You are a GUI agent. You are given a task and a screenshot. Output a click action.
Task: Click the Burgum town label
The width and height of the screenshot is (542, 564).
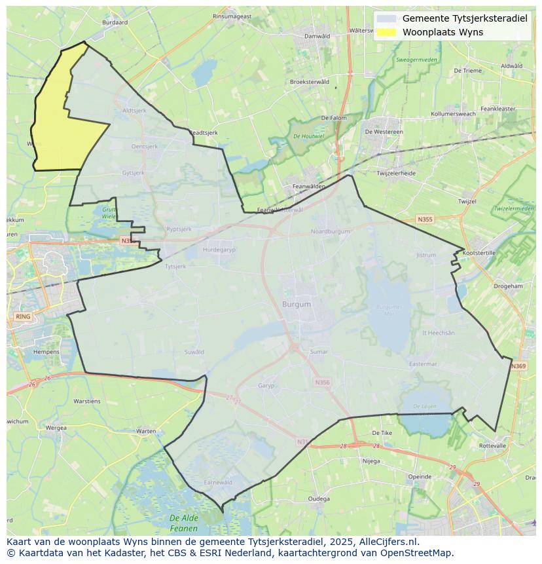tap(297, 305)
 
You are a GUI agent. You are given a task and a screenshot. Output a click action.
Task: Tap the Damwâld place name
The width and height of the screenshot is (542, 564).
tap(317, 36)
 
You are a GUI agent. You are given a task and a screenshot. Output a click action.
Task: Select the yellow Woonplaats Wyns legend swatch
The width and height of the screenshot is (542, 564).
tap(387, 32)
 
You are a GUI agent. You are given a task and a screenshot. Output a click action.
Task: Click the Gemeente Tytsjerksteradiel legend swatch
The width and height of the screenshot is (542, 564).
tap(387, 19)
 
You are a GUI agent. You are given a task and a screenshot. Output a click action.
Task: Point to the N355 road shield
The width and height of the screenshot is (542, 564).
tap(425, 219)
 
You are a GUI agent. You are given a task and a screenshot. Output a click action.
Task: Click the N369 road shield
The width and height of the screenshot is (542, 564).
tap(518, 366)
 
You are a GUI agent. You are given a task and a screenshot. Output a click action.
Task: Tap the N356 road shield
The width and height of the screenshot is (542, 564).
tap(322, 383)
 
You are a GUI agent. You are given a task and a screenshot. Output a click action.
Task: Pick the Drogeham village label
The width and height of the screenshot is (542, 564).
tap(508, 286)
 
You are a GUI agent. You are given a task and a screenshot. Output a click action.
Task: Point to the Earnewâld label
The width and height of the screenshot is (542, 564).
tap(218, 482)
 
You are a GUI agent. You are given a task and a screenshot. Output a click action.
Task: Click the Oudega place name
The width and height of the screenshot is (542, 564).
tap(319, 498)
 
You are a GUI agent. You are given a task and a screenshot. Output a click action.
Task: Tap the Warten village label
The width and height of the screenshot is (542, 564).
tap(146, 431)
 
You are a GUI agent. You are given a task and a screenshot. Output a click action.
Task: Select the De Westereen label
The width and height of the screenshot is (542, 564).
tap(384, 132)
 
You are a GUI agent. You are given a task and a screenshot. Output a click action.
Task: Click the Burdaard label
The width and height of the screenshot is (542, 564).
tap(115, 22)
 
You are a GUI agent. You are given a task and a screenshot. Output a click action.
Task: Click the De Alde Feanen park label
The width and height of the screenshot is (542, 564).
tap(184, 523)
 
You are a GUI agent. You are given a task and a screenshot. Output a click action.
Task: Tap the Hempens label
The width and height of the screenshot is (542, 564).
tap(46, 352)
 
